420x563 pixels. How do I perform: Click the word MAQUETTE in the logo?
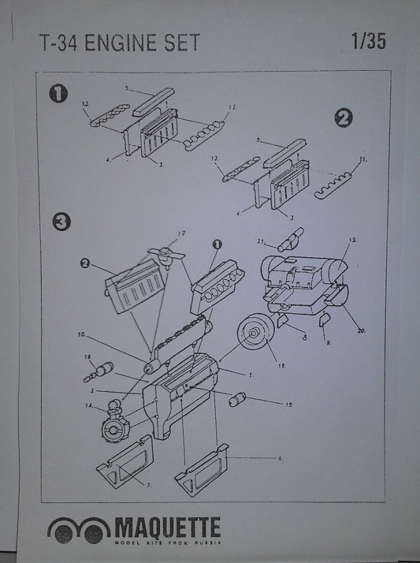coord(168,528)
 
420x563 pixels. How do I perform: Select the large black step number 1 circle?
coord(59,93)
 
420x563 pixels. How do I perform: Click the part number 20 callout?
coord(360,331)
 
